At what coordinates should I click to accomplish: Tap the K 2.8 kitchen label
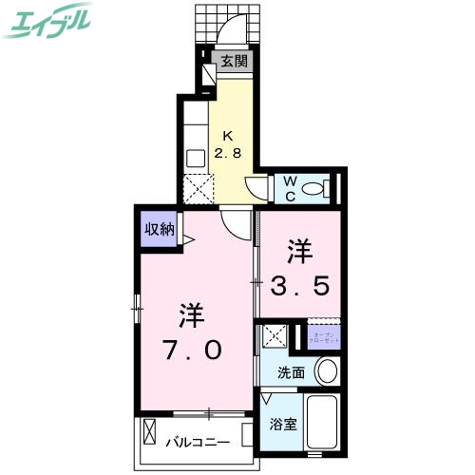[233, 142]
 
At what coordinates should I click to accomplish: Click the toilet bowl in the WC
[317, 187]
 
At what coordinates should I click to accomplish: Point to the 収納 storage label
[159, 229]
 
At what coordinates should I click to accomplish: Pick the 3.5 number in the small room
[302, 283]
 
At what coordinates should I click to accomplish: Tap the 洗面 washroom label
[291, 372]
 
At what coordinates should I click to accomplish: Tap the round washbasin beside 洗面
[328, 370]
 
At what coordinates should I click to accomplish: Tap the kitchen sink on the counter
[197, 158]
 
